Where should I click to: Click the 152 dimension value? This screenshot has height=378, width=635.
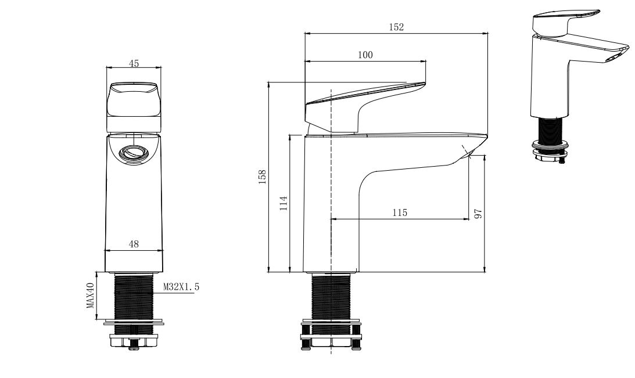[x=396, y=27]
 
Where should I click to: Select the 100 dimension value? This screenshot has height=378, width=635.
[x=365, y=55]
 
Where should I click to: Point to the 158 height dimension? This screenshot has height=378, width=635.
[x=263, y=175]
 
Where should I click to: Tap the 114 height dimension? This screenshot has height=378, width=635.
[x=283, y=203]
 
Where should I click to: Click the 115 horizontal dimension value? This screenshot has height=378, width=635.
[x=399, y=213]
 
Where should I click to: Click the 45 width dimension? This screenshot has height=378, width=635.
[x=134, y=63]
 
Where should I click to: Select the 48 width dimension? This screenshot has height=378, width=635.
[x=134, y=244]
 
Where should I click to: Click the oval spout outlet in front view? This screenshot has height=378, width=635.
[x=134, y=153]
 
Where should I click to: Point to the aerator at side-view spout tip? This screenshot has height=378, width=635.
[x=469, y=152]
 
